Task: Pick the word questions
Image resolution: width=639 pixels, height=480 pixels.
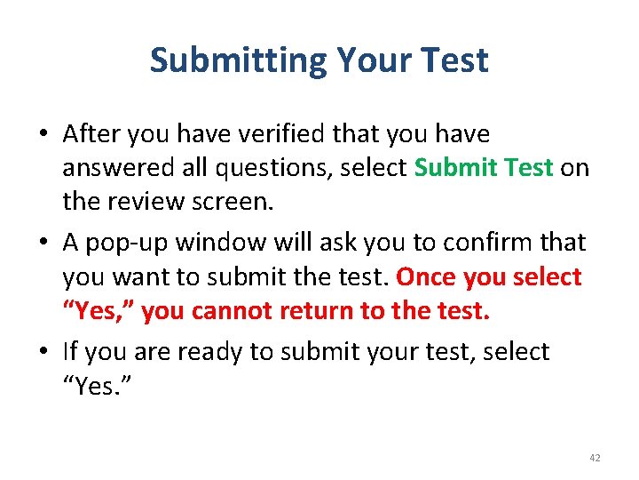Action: click(274, 169)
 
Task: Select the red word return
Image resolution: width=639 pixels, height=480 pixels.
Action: click(322, 312)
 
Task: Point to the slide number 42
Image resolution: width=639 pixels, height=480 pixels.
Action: click(595, 458)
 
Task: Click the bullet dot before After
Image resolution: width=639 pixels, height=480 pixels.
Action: click(43, 135)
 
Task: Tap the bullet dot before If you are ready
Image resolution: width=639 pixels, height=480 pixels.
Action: click(43, 352)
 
